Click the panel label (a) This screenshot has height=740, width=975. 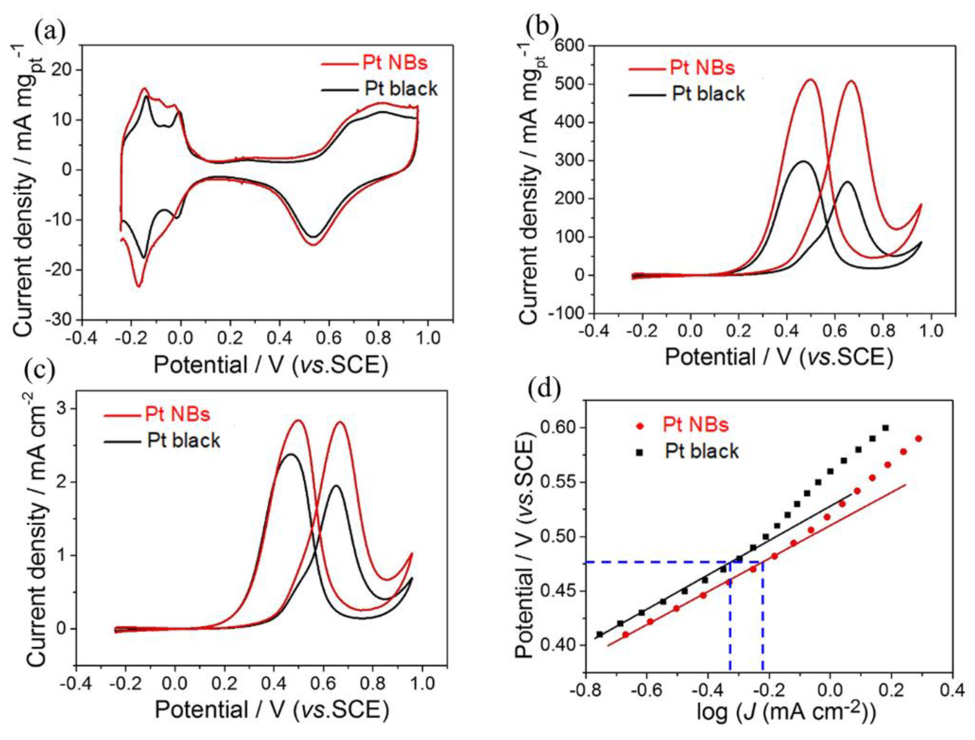click(x=50, y=31)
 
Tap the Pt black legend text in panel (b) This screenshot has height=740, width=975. click(x=708, y=94)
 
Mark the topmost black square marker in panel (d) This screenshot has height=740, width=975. click(x=885, y=428)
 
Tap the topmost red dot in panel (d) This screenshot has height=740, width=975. click(x=919, y=439)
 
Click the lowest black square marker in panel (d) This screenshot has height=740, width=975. click(x=600, y=635)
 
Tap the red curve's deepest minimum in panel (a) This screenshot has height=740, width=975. click(x=138, y=286)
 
